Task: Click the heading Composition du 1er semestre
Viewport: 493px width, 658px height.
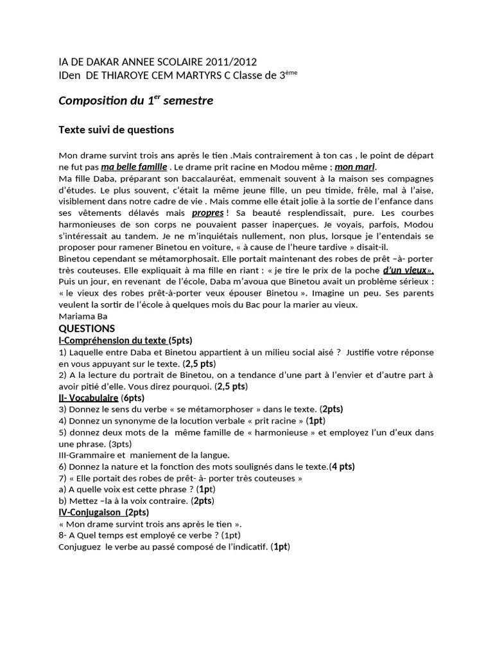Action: (135, 101)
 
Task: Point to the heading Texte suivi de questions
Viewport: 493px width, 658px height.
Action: (116, 130)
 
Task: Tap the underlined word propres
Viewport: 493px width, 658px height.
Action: (207, 213)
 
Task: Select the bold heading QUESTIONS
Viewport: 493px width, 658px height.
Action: (87, 328)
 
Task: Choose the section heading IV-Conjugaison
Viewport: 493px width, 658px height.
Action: (91, 512)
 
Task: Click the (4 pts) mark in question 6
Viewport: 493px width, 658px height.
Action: (342, 467)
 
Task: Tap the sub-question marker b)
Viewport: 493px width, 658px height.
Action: (63, 501)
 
